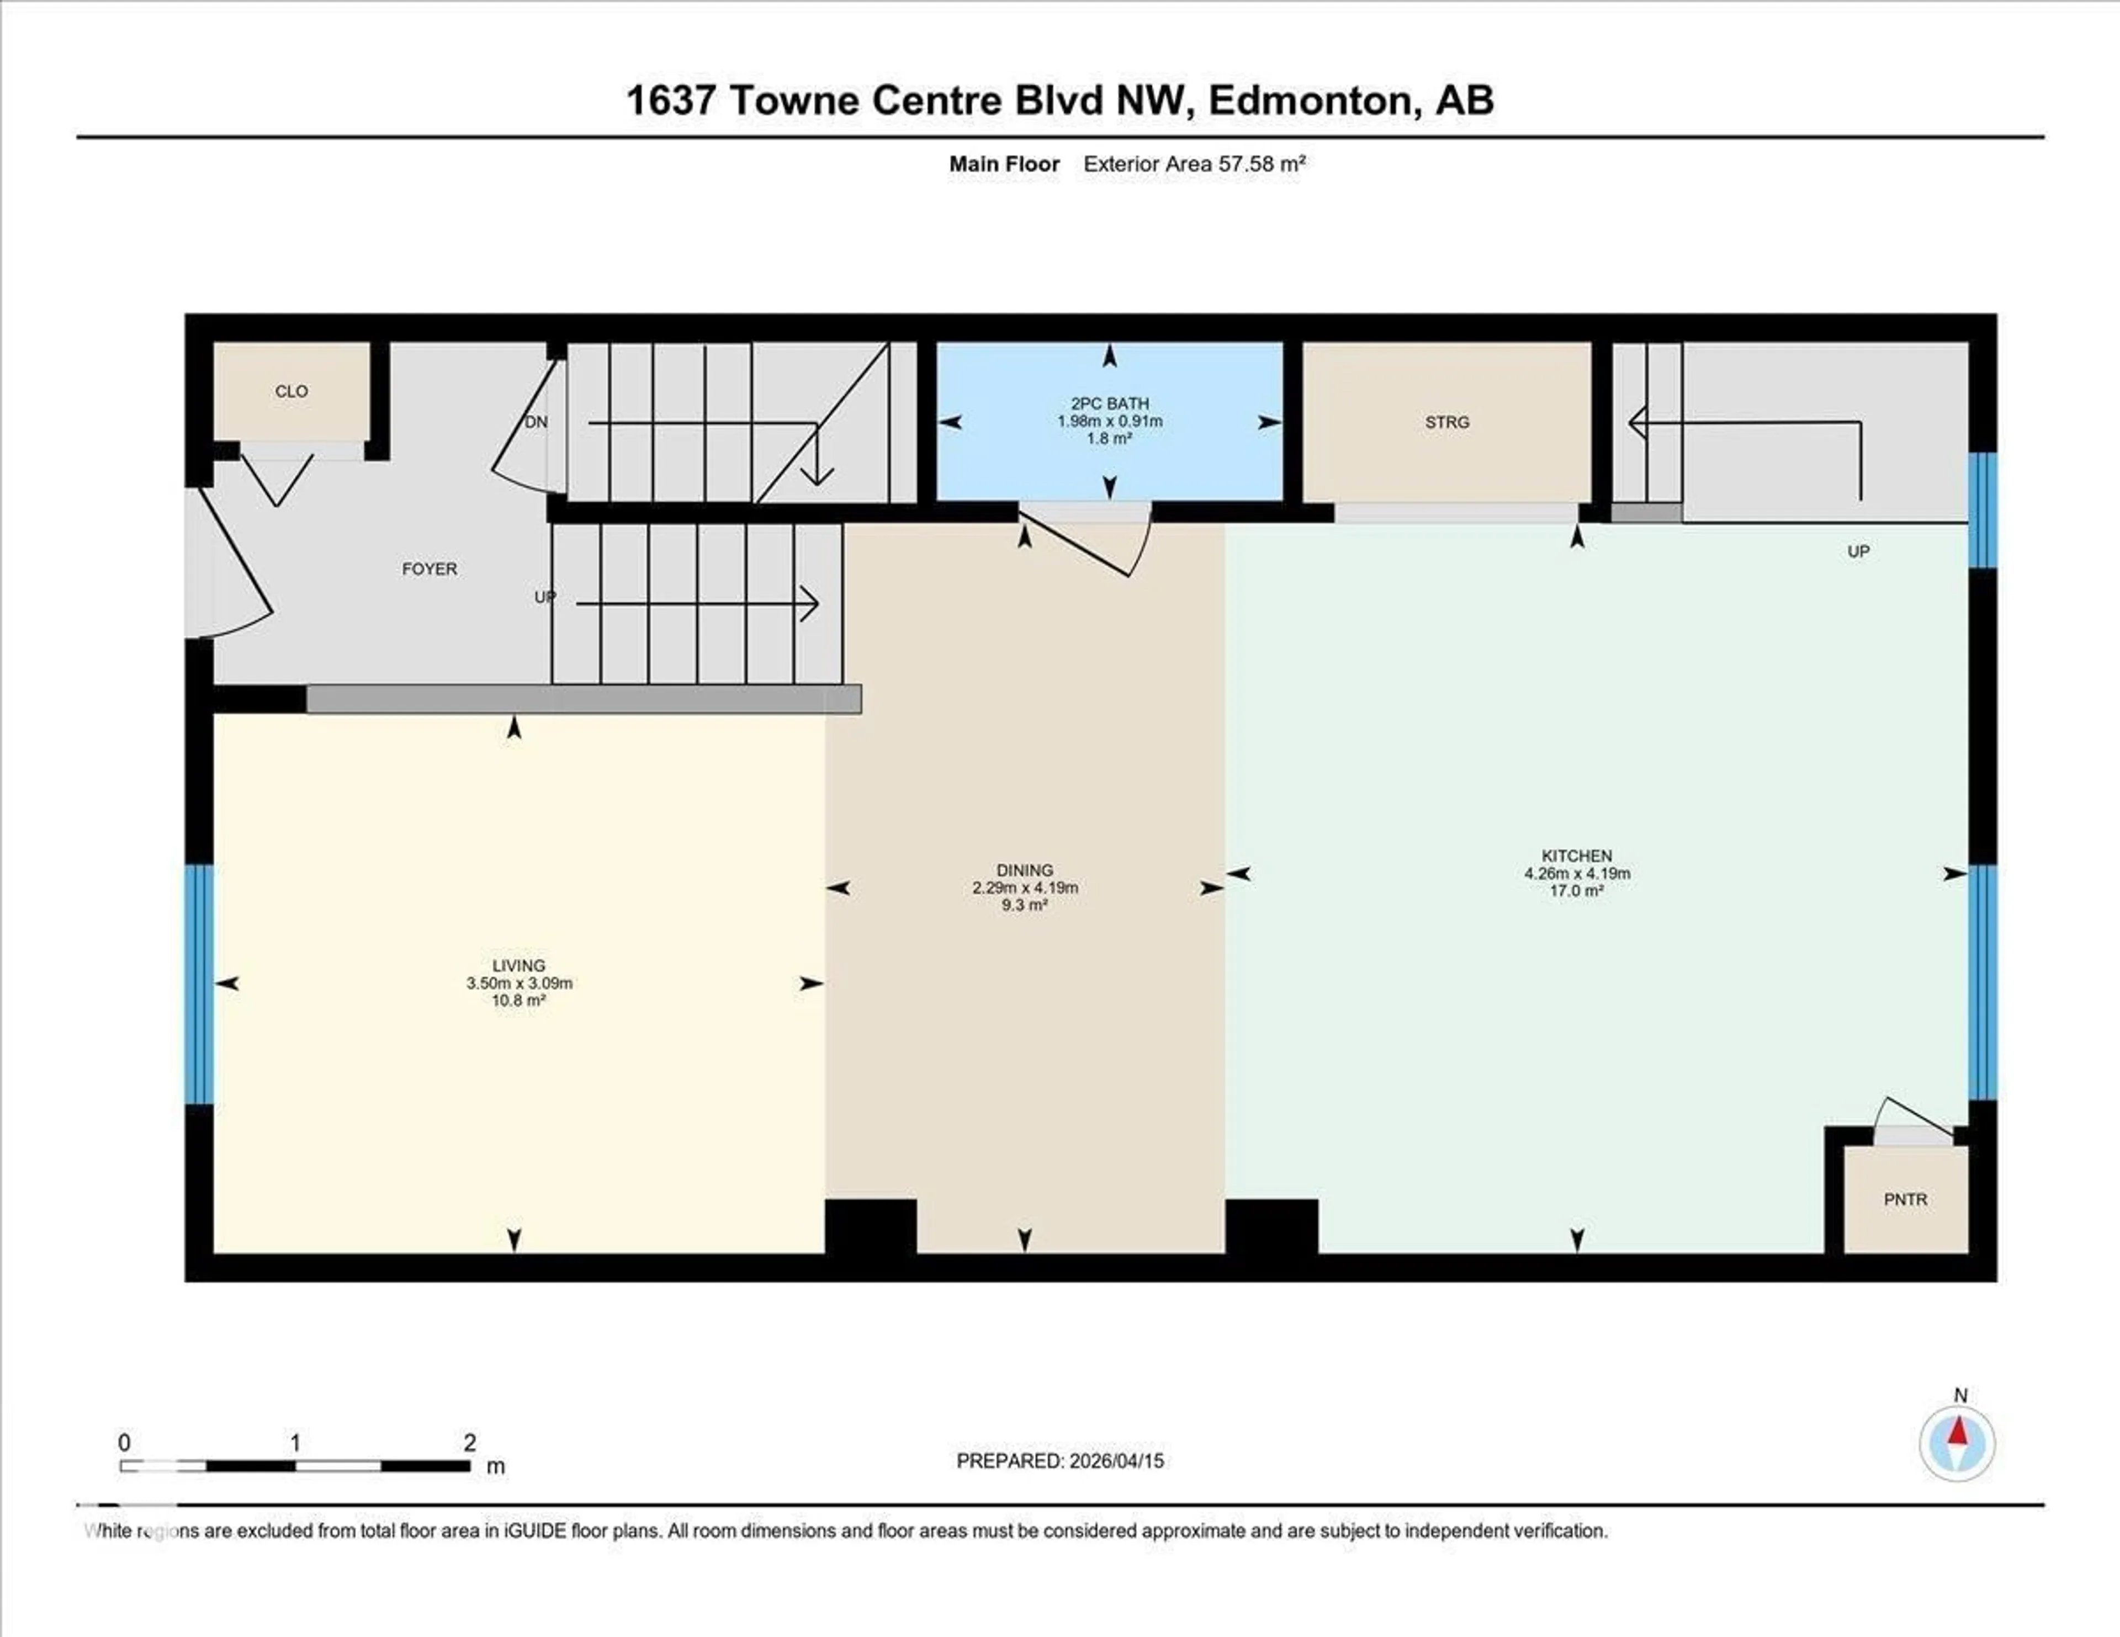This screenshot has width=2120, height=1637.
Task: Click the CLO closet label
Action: pos(291,391)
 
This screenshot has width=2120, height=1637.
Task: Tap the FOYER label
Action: pos(429,568)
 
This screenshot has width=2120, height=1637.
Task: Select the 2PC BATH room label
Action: pos(1110,403)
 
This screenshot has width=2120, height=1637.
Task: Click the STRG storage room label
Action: pos(1446,422)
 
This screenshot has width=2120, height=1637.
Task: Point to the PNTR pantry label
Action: pos(1905,1199)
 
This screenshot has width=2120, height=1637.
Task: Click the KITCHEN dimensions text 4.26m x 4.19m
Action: pos(1576,873)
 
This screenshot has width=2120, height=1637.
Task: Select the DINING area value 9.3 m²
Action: pos(1024,905)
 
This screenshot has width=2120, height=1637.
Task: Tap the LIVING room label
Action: pos(518,965)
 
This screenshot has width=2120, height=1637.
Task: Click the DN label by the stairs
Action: pos(536,422)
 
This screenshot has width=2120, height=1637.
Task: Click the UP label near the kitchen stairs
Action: pos(1858,551)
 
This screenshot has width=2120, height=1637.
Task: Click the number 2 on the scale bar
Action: pos(470,1443)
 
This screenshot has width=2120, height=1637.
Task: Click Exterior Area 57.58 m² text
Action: pos(1194,164)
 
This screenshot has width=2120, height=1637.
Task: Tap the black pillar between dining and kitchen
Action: pos(1271,1226)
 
